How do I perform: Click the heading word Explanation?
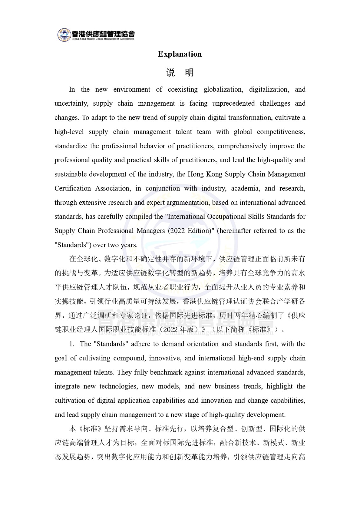point(180,54)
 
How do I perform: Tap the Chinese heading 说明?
point(180,73)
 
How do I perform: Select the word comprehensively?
point(242,146)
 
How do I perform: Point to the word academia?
point(245,188)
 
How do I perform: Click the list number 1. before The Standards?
point(72,344)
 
